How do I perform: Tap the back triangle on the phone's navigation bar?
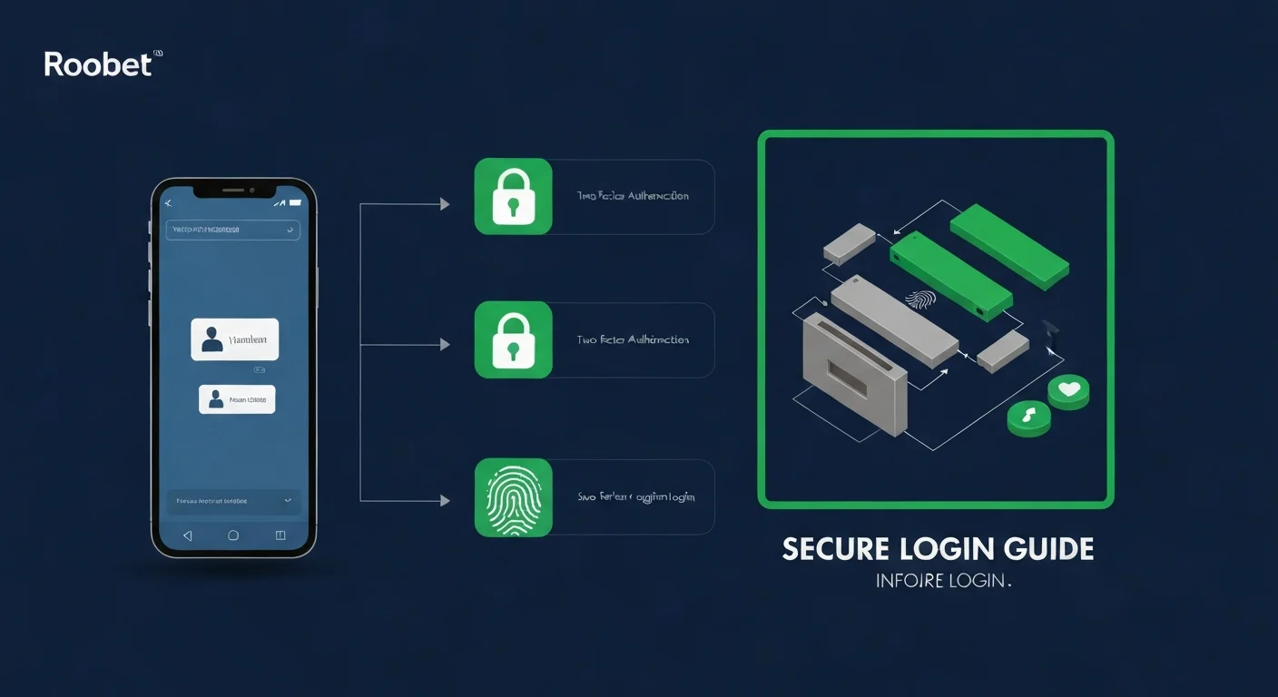pos(188,535)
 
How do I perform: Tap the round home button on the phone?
pos(233,535)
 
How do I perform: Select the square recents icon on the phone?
pos(280,535)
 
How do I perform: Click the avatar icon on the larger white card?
pos(212,339)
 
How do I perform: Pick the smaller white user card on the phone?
pos(237,399)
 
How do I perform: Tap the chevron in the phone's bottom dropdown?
pos(288,500)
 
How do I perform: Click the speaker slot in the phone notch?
pos(233,191)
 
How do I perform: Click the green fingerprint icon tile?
pos(513,498)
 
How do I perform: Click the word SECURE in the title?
pos(833,549)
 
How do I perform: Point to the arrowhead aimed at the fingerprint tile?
pos(445,500)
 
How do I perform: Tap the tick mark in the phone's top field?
pos(290,230)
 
